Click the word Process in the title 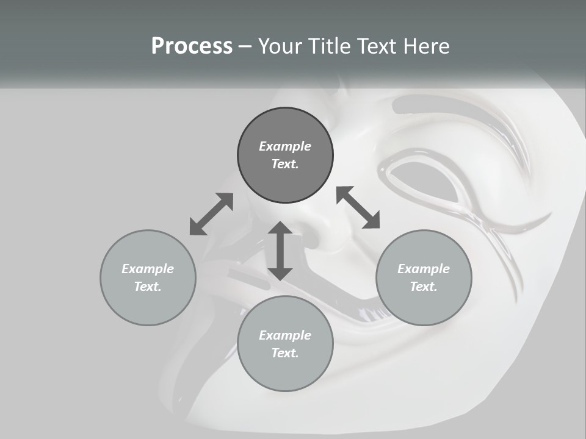click(x=192, y=46)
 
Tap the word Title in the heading click(x=328, y=46)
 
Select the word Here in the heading click(x=425, y=46)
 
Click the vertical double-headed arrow click(x=280, y=251)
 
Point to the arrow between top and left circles click(x=211, y=214)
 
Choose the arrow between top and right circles click(x=358, y=207)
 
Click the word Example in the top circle click(x=285, y=146)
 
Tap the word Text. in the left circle click(x=148, y=287)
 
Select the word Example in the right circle click(x=424, y=269)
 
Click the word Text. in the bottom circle click(x=285, y=353)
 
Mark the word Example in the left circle click(x=148, y=269)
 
